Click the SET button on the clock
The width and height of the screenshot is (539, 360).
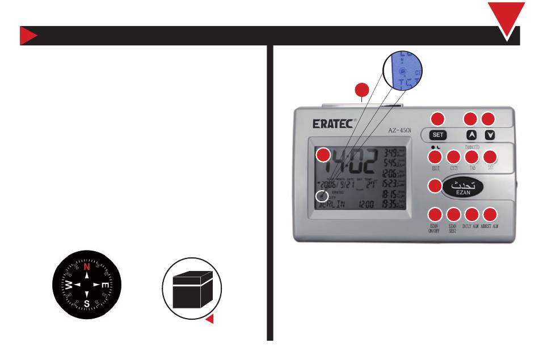pos(437,135)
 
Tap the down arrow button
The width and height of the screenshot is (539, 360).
pos(488,135)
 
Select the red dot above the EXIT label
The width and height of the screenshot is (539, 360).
pos(436,157)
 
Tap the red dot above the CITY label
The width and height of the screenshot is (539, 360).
pos(453,157)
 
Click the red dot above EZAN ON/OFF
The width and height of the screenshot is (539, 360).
pos(435,215)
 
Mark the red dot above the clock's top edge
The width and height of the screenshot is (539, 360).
pos(360,89)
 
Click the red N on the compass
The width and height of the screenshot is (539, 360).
pos(86,267)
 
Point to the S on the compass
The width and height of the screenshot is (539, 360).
pos(86,304)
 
